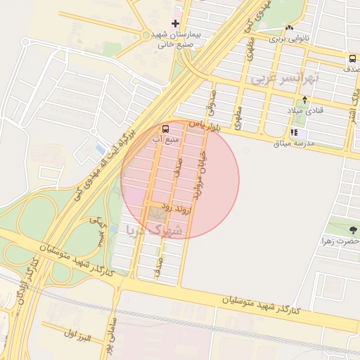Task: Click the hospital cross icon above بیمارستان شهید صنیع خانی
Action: coord(175,24)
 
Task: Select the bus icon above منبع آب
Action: coord(165,129)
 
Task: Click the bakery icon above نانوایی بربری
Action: coord(289,28)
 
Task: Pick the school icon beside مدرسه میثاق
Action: coord(294,132)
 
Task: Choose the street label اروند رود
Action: coord(174,206)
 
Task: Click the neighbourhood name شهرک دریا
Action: coord(154,230)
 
